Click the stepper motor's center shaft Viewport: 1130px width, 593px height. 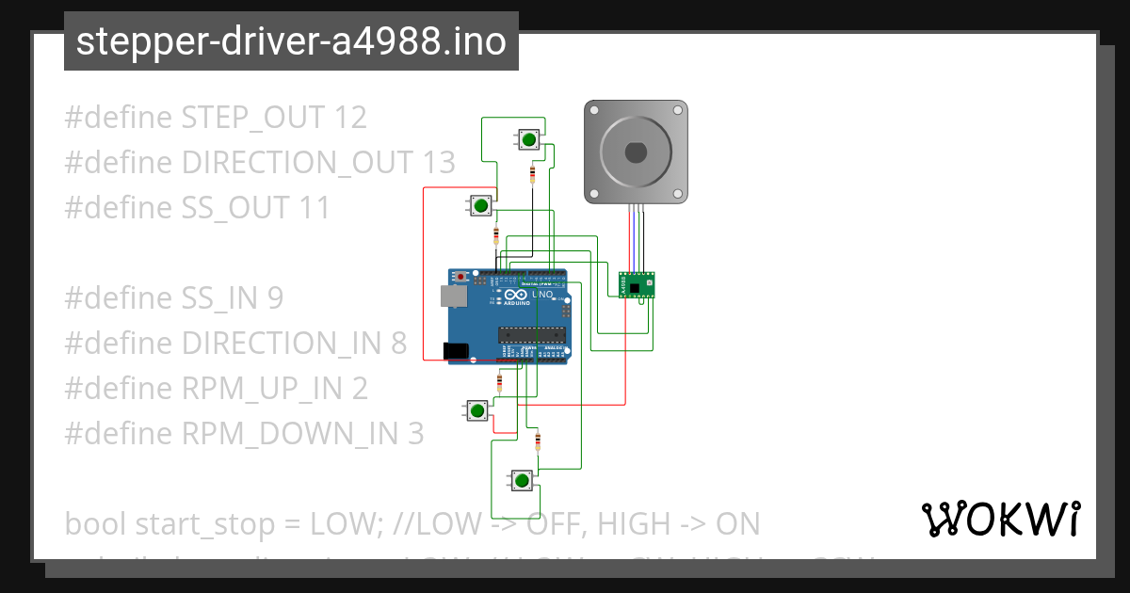click(636, 152)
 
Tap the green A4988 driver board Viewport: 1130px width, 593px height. click(638, 284)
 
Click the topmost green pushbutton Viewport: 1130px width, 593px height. click(529, 140)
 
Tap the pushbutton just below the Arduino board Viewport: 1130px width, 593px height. click(477, 410)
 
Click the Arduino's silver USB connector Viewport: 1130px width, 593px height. click(453, 296)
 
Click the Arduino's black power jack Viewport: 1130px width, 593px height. click(457, 350)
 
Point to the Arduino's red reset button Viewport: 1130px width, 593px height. click(460, 277)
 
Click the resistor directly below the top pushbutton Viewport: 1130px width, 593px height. click(534, 174)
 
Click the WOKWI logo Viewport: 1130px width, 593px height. click(1000, 519)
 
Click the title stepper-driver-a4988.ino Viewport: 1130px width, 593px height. click(291, 41)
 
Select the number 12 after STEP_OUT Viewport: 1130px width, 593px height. click(350, 118)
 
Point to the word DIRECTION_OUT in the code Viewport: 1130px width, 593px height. click(297, 163)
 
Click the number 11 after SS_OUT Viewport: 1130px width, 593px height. click(315, 208)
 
